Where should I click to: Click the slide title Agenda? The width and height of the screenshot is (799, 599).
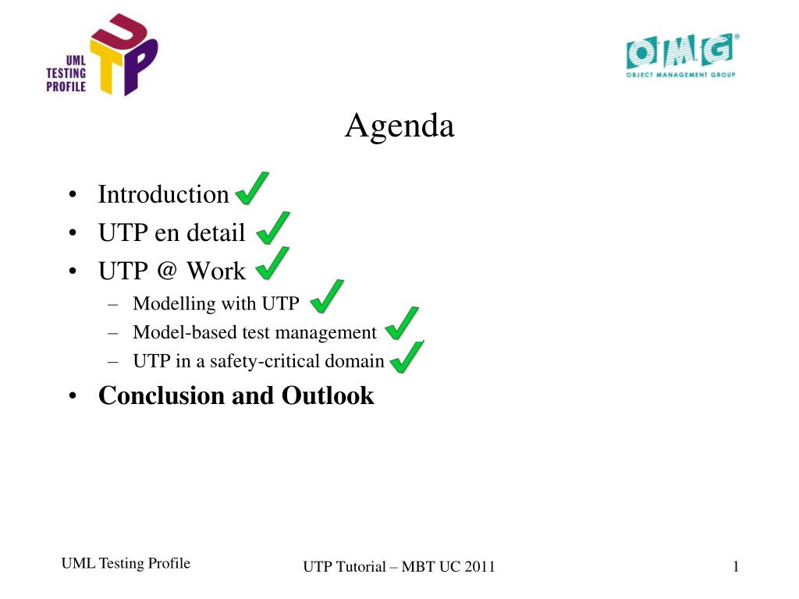click(399, 126)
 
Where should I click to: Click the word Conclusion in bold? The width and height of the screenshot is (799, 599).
click(162, 395)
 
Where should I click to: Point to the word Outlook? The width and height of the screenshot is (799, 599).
click(328, 395)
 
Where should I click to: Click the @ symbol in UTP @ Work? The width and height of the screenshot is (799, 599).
click(167, 269)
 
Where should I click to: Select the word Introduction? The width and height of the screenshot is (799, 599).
click(163, 194)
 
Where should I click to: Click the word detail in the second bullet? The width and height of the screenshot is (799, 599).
click(216, 232)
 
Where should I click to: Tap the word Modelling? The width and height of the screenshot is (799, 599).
click(174, 304)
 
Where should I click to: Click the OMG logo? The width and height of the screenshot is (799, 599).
click(682, 55)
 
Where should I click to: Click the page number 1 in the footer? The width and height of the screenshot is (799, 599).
click(736, 566)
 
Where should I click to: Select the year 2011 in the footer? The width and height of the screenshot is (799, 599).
click(479, 566)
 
